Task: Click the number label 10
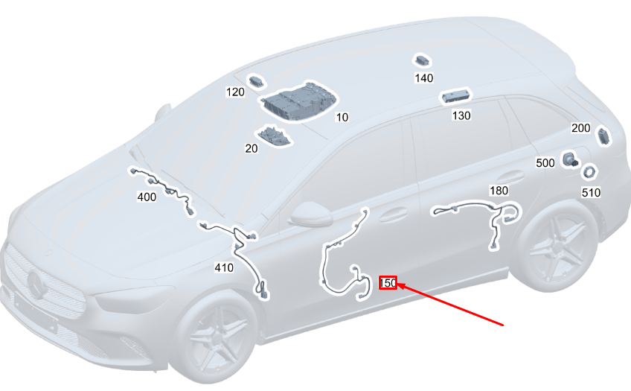(x=342, y=117)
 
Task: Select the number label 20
(x=252, y=149)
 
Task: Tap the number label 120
(x=235, y=92)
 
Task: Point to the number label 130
(x=461, y=116)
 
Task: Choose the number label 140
(x=424, y=78)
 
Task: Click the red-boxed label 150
(x=388, y=283)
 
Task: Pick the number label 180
(x=499, y=191)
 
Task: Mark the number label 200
(x=580, y=128)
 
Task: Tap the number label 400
(x=147, y=197)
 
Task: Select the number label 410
(x=224, y=268)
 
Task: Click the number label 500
(x=545, y=163)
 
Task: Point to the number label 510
(x=591, y=192)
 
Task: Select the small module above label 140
(x=423, y=61)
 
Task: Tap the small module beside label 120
(x=256, y=82)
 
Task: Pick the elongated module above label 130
(x=456, y=96)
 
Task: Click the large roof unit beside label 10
(x=298, y=101)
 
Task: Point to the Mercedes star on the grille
(x=37, y=284)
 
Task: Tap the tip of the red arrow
(x=398, y=284)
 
